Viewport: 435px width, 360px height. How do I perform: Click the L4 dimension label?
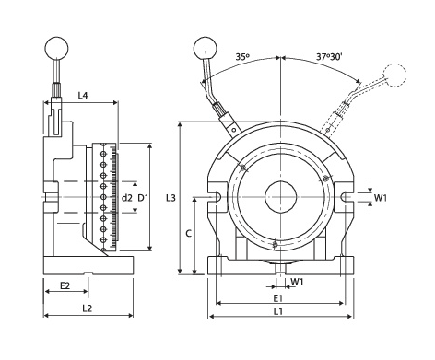point(83,96)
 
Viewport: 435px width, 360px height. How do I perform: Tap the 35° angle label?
point(242,57)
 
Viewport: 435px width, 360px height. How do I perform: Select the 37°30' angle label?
point(329,57)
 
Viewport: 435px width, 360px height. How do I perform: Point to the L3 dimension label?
point(170,198)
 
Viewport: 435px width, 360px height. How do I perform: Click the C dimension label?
point(189,234)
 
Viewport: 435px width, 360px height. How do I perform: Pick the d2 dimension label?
point(126,198)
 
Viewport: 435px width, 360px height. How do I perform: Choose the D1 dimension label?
point(143,198)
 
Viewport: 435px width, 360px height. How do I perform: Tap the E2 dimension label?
point(65,285)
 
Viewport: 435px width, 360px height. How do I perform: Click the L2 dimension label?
point(88,308)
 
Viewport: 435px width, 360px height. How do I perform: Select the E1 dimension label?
point(278,297)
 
